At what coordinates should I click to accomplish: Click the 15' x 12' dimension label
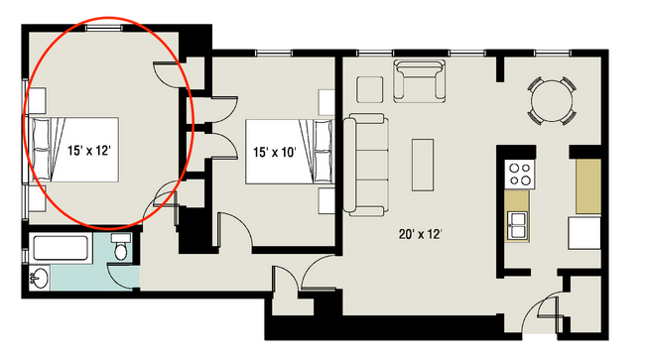click(x=88, y=151)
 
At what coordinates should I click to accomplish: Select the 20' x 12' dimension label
click(x=419, y=234)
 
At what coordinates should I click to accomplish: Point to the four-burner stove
click(x=519, y=175)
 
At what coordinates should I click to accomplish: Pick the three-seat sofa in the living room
click(x=364, y=164)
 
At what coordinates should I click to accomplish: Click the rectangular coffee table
click(x=423, y=164)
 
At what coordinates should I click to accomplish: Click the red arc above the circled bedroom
click(x=104, y=18)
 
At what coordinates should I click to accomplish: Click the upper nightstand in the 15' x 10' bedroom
click(x=326, y=102)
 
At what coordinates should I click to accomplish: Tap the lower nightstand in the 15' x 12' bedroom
click(x=37, y=197)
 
